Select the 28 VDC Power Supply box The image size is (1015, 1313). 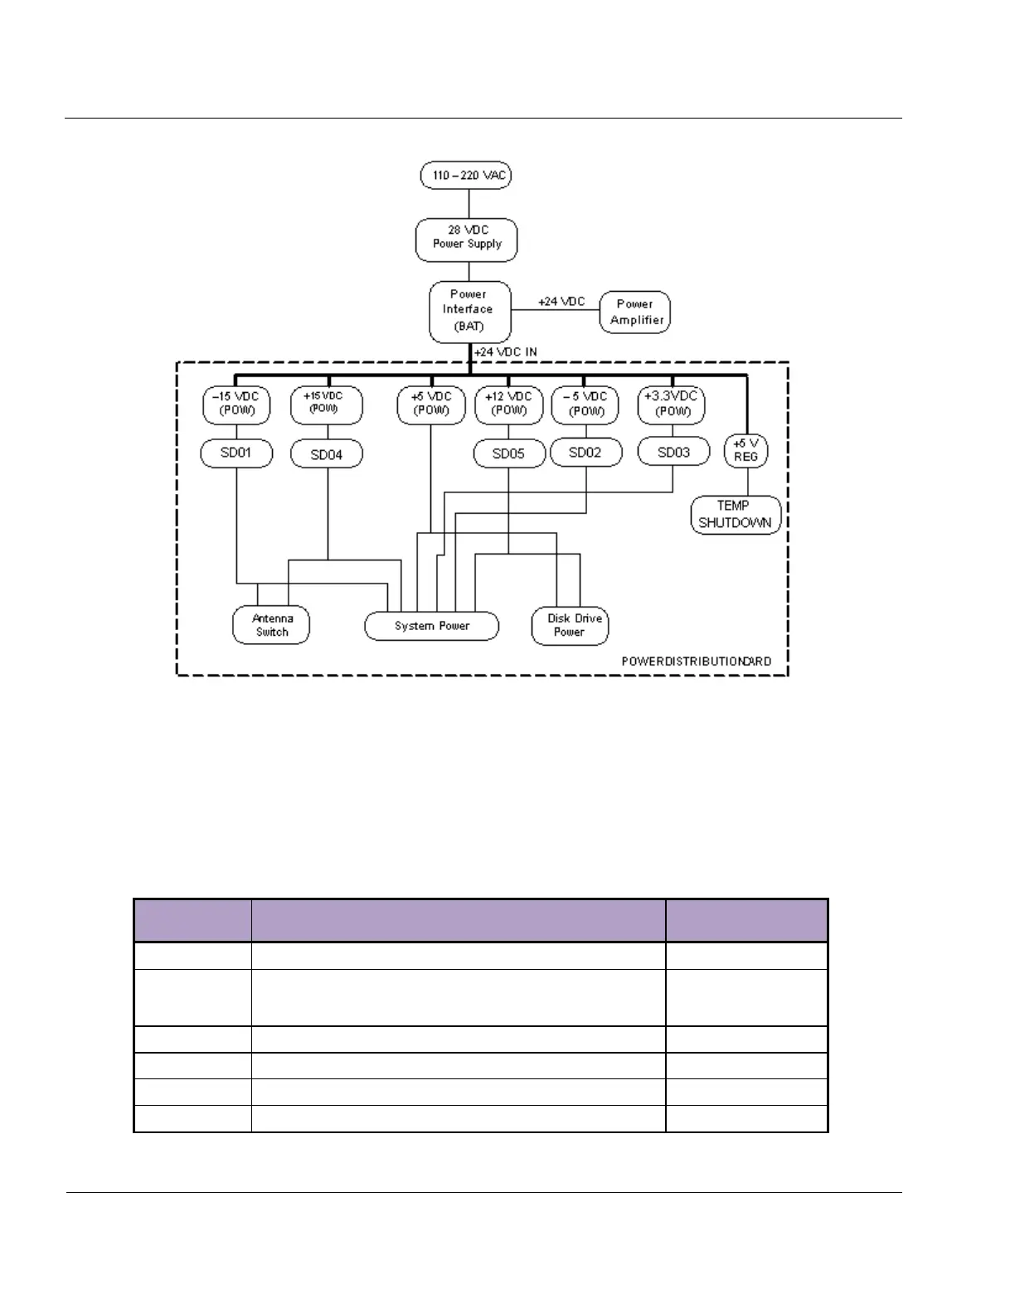pyautogui.click(x=466, y=240)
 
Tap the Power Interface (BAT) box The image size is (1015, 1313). pyautogui.click(x=469, y=312)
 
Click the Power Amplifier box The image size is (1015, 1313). pyautogui.click(x=635, y=313)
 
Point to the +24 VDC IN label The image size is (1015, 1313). pyautogui.click(x=505, y=352)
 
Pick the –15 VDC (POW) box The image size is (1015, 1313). pyautogui.click(x=236, y=405)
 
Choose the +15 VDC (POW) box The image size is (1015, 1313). pyautogui.click(x=326, y=405)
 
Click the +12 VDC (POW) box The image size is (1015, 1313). pyautogui.click(x=508, y=405)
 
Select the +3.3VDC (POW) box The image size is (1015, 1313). pyautogui.click(x=672, y=405)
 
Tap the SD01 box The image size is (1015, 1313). pyautogui.click(x=236, y=453)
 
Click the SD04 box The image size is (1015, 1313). pyautogui.click(x=326, y=454)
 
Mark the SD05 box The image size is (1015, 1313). pyautogui.click(x=509, y=454)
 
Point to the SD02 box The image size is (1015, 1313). pyautogui.click(x=585, y=453)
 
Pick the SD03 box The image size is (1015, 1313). pyautogui.click(x=673, y=453)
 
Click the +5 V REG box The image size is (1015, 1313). pyautogui.click(x=745, y=451)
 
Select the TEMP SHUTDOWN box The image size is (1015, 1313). pyautogui.click(x=736, y=515)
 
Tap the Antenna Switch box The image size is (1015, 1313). pyautogui.click(x=271, y=625)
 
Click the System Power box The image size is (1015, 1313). pyautogui.click(x=432, y=626)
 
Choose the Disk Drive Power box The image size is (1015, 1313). pyautogui.click(x=571, y=626)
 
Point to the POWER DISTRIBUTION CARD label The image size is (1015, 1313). pyautogui.click(x=697, y=661)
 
